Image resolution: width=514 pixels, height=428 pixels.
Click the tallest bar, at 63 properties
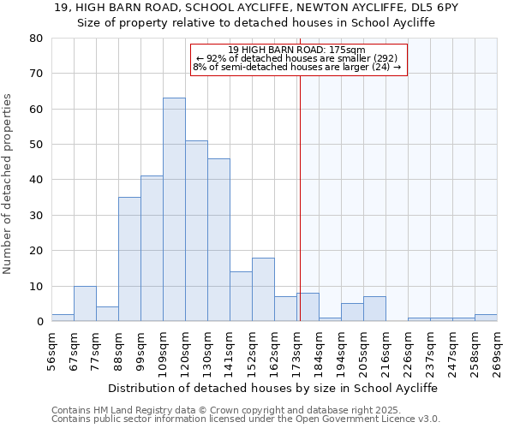[174, 210]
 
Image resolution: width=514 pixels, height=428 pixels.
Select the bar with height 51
[196, 231]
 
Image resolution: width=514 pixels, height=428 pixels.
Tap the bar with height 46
[218, 240]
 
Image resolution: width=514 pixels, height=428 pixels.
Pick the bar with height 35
[129, 259]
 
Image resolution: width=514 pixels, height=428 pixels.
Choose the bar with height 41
[152, 248]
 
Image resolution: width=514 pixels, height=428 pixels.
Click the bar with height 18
[263, 289]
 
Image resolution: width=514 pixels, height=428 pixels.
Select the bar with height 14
[241, 296]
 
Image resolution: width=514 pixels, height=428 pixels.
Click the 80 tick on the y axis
[37, 39]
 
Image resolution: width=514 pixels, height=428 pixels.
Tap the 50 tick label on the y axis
[37, 145]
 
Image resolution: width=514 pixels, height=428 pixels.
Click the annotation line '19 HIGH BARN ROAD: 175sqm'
[297, 50]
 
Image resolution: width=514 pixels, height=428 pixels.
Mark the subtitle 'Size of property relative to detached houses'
[256, 23]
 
